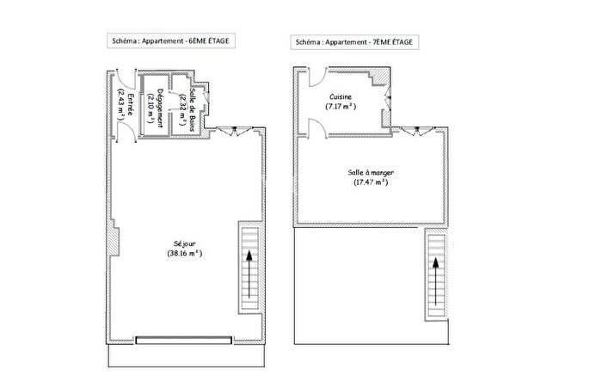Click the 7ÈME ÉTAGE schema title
356,41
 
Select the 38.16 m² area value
185,254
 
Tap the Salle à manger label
372,172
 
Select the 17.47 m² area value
372,182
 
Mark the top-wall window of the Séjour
230,131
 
